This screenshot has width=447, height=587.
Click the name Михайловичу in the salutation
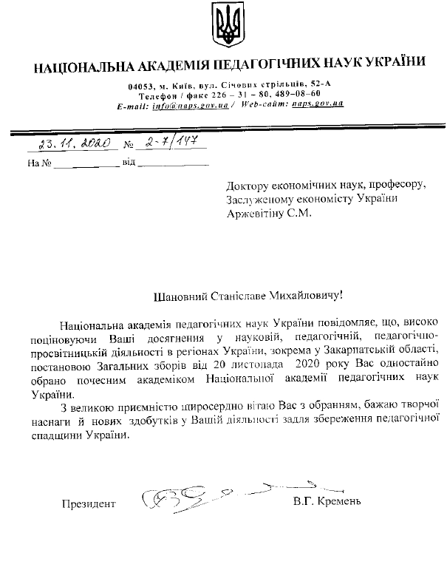304,297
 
